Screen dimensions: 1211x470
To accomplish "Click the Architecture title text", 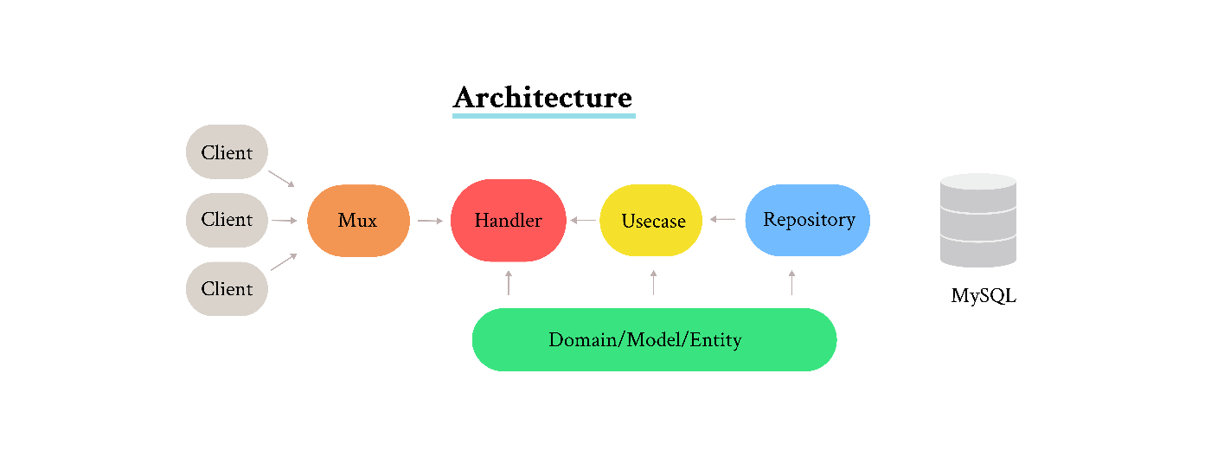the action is [543, 97].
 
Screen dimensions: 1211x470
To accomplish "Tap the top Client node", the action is [227, 152].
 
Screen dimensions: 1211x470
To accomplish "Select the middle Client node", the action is [227, 220].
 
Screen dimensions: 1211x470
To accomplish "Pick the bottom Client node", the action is [227, 289].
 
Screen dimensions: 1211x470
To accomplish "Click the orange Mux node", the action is [358, 221].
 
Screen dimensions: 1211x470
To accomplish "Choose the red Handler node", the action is [509, 220].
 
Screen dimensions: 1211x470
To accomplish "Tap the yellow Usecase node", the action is [650, 220].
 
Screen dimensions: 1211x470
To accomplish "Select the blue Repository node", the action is [808, 220].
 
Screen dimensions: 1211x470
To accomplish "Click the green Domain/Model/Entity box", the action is [654, 339].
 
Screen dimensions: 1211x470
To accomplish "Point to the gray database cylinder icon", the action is [978, 220].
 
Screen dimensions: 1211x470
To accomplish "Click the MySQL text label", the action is [984, 295].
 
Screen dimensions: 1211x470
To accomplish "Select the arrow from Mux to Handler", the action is [431, 221].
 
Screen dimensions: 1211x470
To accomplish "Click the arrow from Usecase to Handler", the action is [583, 220].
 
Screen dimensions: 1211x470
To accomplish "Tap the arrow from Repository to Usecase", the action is [722, 219].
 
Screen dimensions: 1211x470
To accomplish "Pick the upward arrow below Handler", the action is [509, 282].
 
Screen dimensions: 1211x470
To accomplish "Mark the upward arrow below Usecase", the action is [654, 282].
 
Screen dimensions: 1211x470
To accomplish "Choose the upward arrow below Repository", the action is [792, 282].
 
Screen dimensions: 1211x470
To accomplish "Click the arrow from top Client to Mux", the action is [282, 179].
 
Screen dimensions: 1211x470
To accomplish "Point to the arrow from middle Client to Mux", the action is [285, 221].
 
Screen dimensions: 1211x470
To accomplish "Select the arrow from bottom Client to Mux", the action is [284, 261].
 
